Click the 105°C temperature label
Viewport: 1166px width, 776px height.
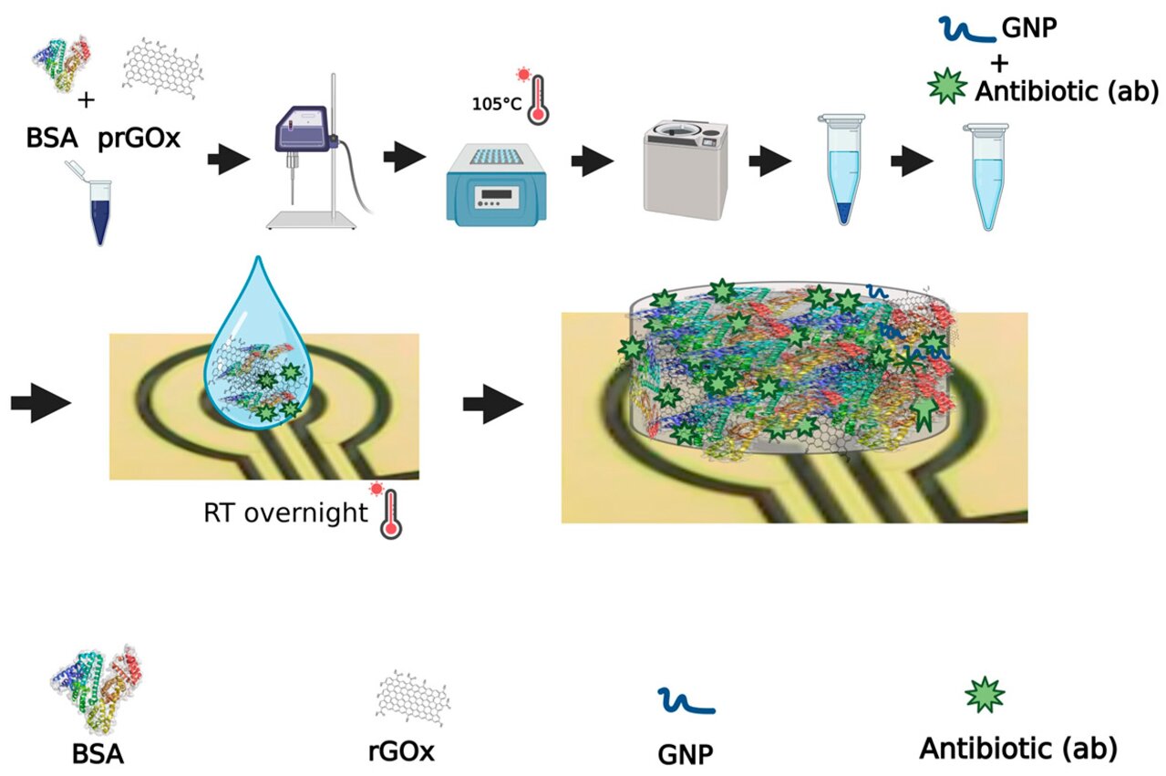496,103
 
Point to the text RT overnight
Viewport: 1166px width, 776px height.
284,512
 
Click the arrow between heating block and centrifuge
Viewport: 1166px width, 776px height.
591,163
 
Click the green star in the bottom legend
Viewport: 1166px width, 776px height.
985,696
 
